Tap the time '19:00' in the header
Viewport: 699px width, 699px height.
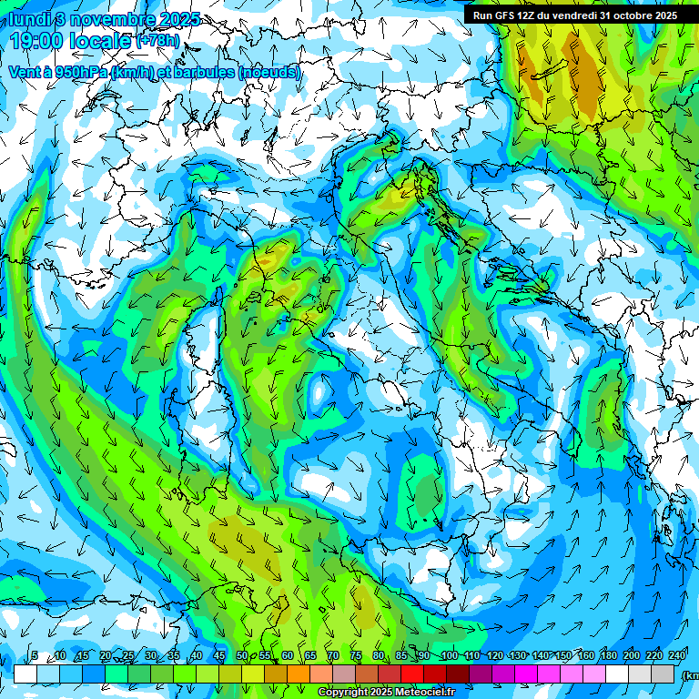[x=37, y=40]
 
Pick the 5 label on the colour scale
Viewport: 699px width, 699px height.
[x=35, y=656]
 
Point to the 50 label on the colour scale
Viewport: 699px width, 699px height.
[x=241, y=656]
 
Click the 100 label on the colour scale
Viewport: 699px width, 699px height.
[x=449, y=656]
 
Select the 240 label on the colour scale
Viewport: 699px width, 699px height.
[x=677, y=656]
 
